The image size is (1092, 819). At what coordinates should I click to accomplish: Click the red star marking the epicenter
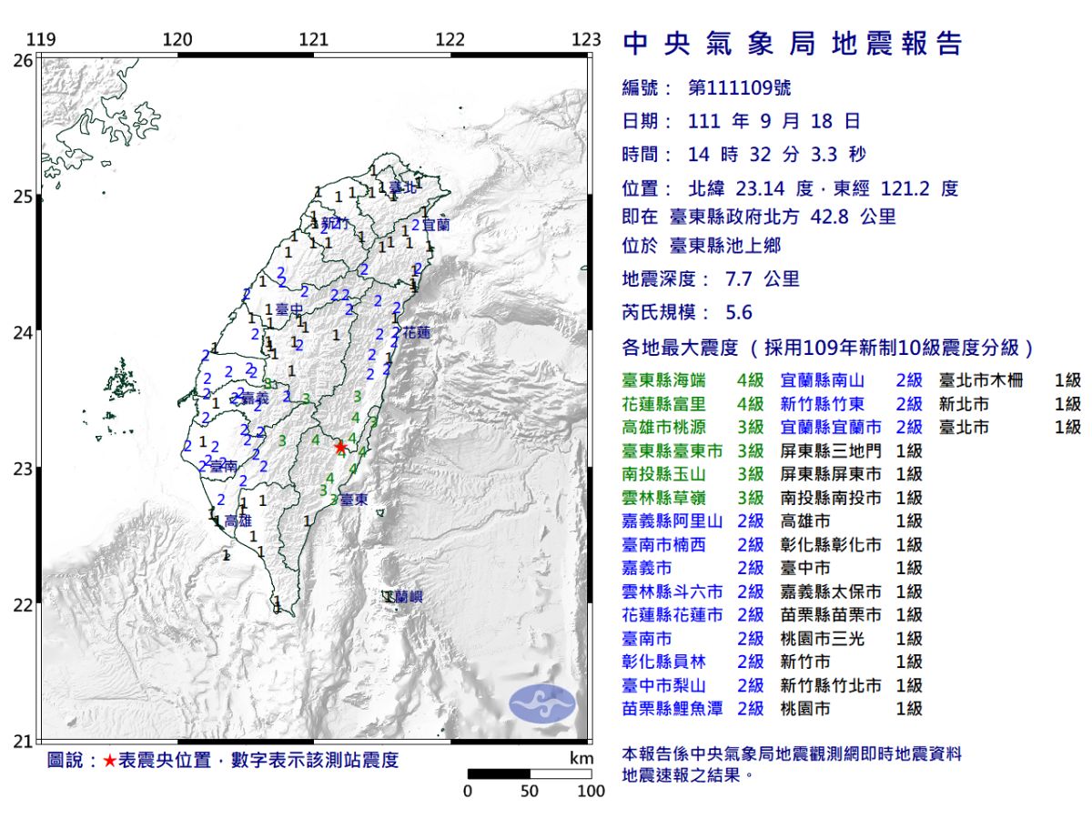point(340,447)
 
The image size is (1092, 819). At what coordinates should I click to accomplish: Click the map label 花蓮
point(416,333)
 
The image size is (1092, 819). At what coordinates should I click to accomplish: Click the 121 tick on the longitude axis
point(313,40)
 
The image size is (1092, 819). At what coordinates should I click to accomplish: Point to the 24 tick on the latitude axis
point(23,333)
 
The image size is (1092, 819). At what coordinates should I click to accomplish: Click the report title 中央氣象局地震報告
point(792,44)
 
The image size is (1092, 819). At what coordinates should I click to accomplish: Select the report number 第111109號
point(739,88)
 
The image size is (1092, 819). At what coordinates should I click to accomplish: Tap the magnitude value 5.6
point(739,312)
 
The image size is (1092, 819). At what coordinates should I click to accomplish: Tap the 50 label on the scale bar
point(530,791)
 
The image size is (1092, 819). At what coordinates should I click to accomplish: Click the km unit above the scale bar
point(581,758)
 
